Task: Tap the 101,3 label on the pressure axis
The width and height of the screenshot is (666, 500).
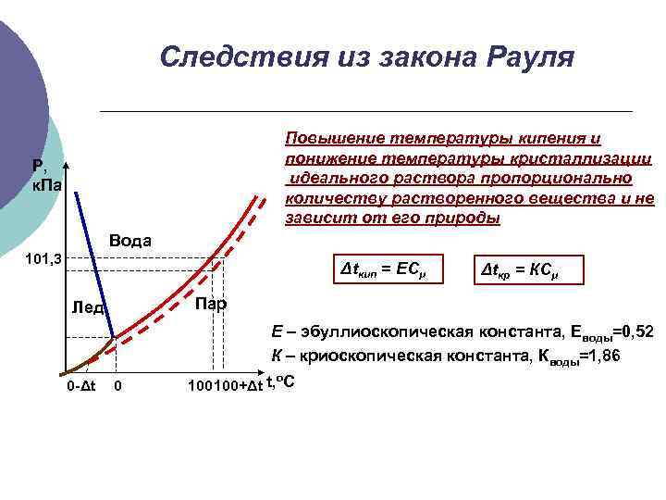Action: (x=42, y=258)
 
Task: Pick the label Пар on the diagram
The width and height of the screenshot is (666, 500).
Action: (x=210, y=305)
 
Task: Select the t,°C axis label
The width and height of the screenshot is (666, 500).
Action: (x=279, y=382)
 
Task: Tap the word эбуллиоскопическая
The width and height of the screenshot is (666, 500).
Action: (x=379, y=331)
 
